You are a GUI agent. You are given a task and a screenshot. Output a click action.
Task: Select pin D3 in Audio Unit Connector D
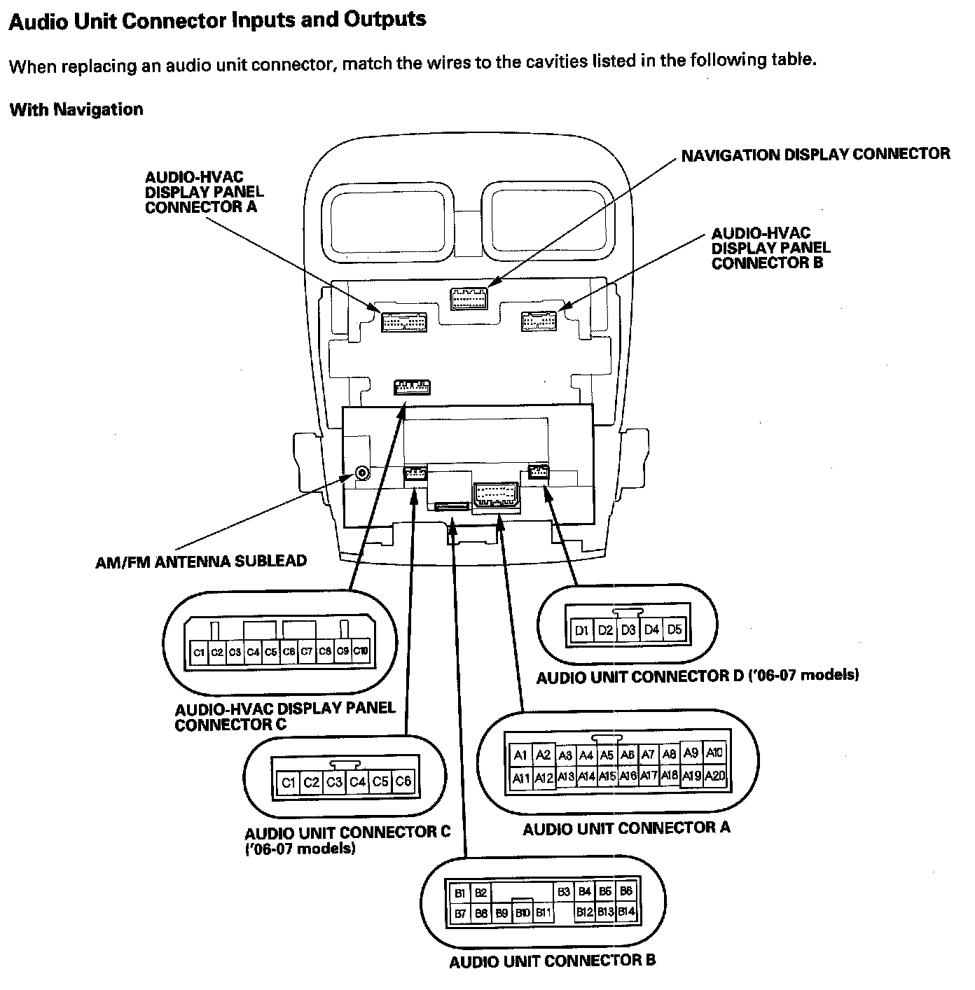628,630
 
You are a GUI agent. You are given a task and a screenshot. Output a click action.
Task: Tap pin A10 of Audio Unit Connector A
714,753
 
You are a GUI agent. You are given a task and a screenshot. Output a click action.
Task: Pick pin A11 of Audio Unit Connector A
520,777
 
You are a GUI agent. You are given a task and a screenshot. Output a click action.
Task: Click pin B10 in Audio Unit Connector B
522,913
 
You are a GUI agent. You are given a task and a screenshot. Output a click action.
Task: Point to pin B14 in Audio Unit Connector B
626,912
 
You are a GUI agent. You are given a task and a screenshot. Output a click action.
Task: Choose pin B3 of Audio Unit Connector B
564,892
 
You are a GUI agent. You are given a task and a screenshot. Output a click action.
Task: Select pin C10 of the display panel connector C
360,651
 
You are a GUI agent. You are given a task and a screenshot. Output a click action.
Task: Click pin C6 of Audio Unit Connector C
403,781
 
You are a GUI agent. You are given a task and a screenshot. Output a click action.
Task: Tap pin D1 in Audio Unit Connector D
581,630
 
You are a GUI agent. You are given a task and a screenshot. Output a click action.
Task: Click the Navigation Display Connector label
815,154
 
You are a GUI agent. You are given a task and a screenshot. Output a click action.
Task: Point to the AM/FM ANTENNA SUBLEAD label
201,561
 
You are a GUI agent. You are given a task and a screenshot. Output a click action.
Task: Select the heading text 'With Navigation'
76,110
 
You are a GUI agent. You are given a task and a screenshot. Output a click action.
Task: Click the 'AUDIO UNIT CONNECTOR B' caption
552,961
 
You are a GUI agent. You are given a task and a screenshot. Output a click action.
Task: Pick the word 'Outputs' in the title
385,19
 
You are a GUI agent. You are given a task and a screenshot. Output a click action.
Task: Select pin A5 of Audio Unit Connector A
607,755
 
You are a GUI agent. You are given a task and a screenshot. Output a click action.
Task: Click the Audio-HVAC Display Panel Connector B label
770,248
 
